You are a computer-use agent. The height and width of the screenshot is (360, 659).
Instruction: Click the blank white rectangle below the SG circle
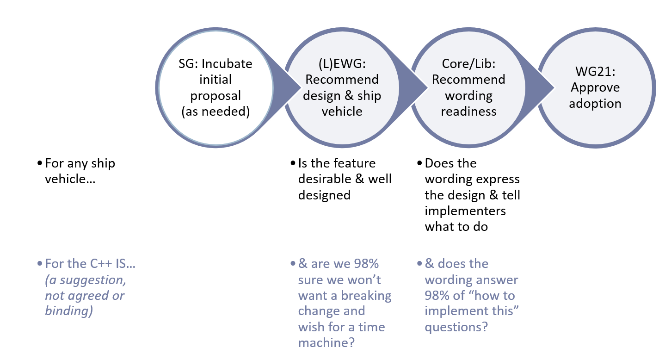[x=216, y=185]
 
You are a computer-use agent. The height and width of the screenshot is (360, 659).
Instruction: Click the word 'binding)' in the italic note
[x=69, y=311]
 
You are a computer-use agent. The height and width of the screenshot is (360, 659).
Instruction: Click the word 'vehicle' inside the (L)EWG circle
[x=342, y=112]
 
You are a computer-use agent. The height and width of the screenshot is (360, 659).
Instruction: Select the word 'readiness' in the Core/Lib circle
[x=468, y=112]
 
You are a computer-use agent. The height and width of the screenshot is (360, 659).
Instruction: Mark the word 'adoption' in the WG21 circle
[x=595, y=103]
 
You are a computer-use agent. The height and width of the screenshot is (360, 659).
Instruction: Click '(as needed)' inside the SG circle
[x=216, y=112]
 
